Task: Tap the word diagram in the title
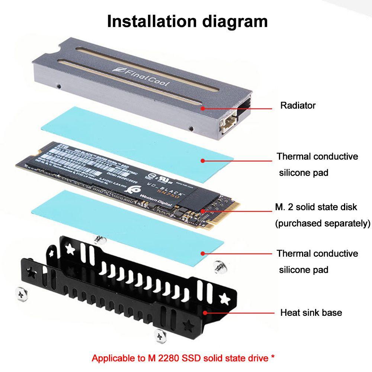(x=235, y=21)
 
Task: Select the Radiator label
(x=298, y=105)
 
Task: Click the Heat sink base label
(x=311, y=312)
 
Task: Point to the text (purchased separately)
(x=323, y=224)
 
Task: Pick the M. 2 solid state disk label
(x=316, y=207)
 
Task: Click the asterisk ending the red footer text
(x=273, y=358)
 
